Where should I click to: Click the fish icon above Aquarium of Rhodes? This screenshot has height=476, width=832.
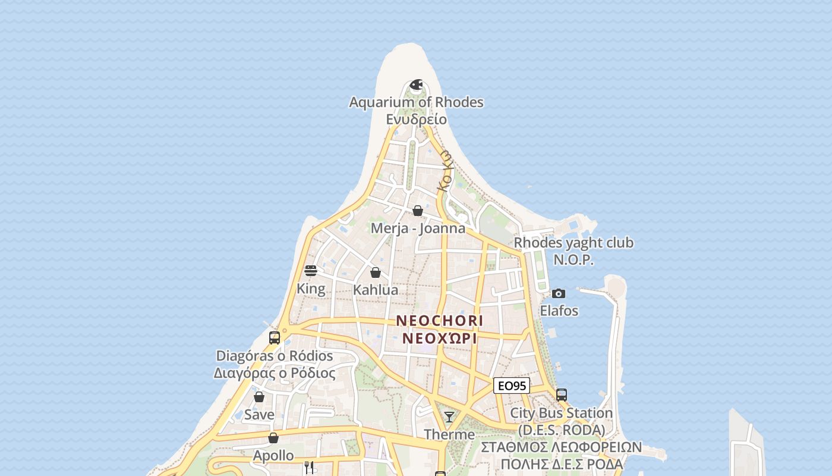(416, 84)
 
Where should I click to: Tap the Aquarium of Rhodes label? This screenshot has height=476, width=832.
(416, 102)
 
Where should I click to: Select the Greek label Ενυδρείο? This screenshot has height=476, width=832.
(416, 119)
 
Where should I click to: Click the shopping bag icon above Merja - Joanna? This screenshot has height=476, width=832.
(418, 211)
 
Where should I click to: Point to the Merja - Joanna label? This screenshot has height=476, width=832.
(418, 228)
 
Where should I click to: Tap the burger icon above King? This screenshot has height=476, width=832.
(311, 271)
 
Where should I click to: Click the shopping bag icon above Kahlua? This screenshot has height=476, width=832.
(376, 273)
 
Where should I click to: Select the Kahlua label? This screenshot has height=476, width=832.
(376, 290)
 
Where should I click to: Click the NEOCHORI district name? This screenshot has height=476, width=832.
(440, 321)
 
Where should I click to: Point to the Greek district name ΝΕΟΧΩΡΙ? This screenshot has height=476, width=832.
(440, 339)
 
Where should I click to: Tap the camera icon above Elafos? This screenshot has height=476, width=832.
(559, 293)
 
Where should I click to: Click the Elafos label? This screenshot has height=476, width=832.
(559, 311)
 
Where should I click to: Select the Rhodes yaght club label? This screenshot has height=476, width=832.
(573, 243)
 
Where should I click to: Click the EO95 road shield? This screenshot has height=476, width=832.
(511, 386)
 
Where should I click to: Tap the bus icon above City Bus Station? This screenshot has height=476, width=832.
(562, 394)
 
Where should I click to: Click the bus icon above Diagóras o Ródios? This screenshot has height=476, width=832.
(275, 338)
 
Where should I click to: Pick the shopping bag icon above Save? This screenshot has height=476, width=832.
(259, 397)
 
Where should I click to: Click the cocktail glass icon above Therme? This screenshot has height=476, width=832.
(449, 416)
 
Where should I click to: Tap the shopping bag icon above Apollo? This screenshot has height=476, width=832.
(273, 438)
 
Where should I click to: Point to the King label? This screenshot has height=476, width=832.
(311, 289)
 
